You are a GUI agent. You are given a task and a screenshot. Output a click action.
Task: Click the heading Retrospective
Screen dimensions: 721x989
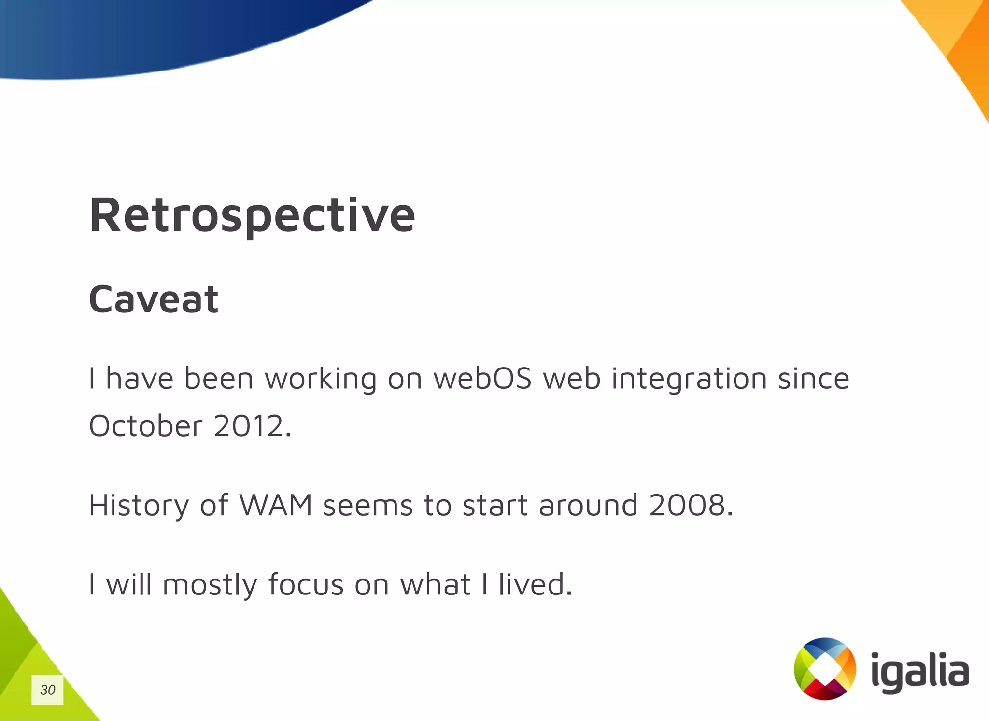[252, 215]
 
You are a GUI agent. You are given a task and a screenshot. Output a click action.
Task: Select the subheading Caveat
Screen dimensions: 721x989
[154, 299]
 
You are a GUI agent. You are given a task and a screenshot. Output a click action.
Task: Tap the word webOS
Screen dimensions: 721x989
[482, 378]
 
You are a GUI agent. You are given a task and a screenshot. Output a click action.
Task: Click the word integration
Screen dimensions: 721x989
[689, 379]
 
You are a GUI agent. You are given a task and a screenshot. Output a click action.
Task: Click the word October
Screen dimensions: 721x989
[146, 426]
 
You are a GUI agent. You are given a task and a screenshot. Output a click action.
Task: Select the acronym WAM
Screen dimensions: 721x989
[276, 505]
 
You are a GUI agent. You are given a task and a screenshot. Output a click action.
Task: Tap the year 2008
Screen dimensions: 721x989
[691, 505]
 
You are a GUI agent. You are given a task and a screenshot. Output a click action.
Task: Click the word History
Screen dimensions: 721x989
[139, 506]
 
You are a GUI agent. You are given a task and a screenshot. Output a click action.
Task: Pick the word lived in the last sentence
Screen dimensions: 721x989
[535, 584]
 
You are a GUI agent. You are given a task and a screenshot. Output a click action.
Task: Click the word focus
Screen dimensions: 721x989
[306, 584]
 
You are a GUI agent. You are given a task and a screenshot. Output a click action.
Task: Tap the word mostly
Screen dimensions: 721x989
[210, 585]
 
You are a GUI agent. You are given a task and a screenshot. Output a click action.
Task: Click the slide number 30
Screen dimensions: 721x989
[47, 690]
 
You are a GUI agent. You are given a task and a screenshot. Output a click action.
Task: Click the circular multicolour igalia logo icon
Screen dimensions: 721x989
[825, 669]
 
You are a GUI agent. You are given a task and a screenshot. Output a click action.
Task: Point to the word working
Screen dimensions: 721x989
[321, 379]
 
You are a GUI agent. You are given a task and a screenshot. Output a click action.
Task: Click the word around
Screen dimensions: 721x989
[588, 505]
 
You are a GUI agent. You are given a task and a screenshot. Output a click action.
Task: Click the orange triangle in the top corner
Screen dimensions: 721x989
[961, 43]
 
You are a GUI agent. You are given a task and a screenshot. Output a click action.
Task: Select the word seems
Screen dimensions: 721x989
[367, 506]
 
